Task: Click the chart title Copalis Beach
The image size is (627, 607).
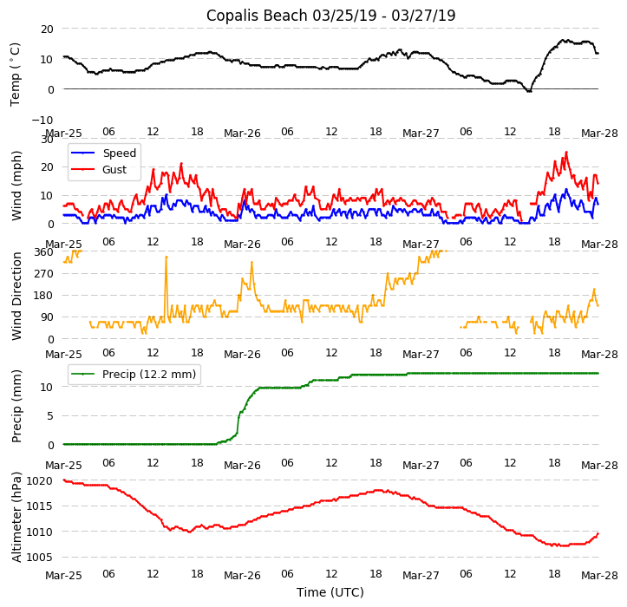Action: coord(330,16)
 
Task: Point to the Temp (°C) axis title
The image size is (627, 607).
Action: coord(16,74)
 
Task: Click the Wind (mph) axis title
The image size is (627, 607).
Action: coord(16,185)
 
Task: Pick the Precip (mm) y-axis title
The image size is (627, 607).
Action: coord(16,406)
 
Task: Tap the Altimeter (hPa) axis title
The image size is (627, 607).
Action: coord(16,517)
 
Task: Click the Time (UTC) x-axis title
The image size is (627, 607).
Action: coord(330,593)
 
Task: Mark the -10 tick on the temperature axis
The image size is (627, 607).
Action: coord(44,120)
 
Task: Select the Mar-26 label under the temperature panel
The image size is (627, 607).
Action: coord(242,134)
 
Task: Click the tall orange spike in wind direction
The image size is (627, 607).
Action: coord(166,258)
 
